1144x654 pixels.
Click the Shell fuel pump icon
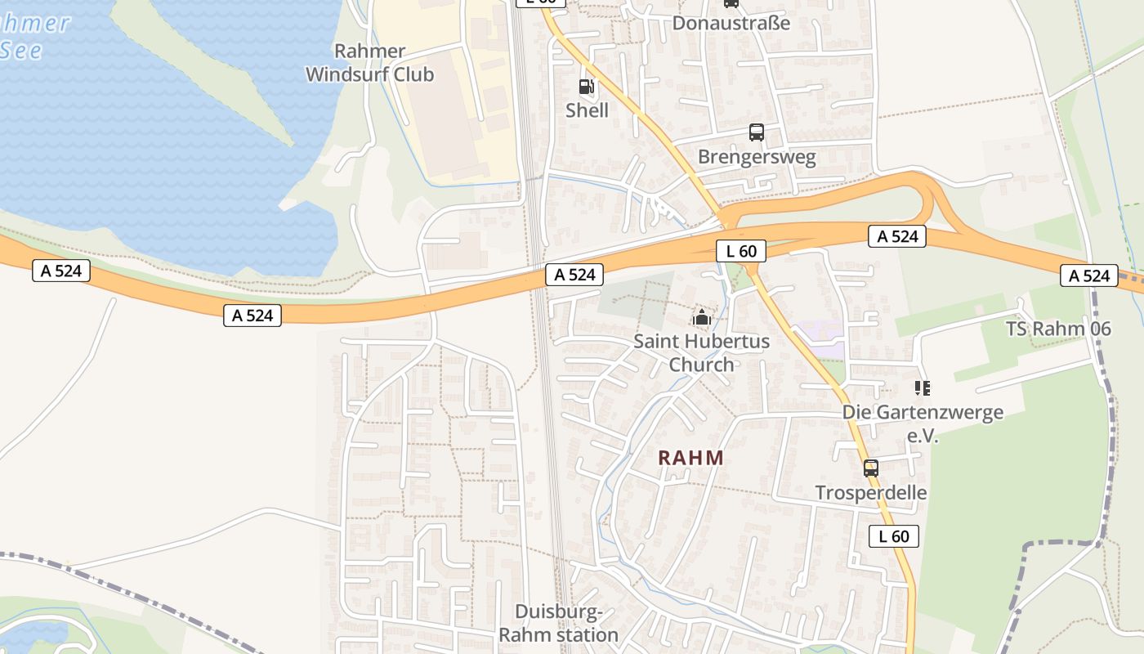pyautogui.click(x=586, y=87)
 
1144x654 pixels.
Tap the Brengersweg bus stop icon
pyautogui.click(x=757, y=132)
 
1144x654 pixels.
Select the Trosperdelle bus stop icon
pyautogui.click(x=871, y=468)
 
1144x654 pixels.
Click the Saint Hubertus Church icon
pyautogui.click(x=701, y=317)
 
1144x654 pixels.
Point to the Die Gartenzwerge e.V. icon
pyautogui.click(x=923, y=388)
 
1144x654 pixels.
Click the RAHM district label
pyautogui.click(x=691, y=458)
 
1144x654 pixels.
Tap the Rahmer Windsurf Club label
pyautogui.click(x=369, y=63)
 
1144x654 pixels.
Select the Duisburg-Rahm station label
pyautogui.click(x=558, y=623)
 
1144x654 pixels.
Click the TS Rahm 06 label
pyautogui.click(x=1058, y=329)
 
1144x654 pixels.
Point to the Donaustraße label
pyautogui.click(x=731, y=23)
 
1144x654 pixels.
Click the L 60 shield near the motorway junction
pyautogui.click(x=741, y=251)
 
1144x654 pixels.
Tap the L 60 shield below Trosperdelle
pyautogui.click(x=893, y=536)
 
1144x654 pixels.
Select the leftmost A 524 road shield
pyautogui.click(x=61, y=271)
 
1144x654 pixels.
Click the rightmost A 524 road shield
pyautogui.click(x=1089, y=275)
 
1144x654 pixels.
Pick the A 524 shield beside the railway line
pyautogui.click(x=574, y=275)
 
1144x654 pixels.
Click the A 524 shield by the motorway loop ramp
pyautogui.click(x=897, y=237)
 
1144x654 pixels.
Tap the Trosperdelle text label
pyautogui.click(x=871, y=493)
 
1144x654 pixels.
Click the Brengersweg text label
pyautogui.click(x=757, y=157)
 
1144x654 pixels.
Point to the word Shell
pyautogui.click(x=587, y=110)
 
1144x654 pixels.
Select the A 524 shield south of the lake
pyautogui.click(x=252, y=316)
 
